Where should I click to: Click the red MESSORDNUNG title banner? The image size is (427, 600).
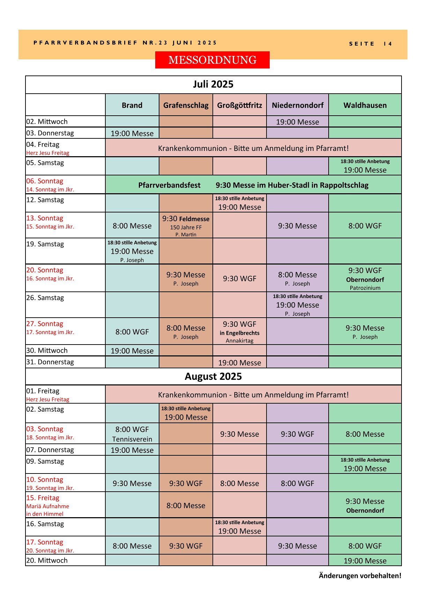tap(212, 60)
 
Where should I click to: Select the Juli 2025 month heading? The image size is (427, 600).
tap(213, 84)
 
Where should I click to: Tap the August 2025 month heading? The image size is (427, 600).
tap(213, 376)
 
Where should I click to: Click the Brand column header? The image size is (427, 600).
tap(132, 105)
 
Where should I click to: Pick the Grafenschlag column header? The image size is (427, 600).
tap(186, 105)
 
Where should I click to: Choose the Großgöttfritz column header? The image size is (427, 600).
tap(239, 105)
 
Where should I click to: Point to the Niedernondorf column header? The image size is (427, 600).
tap(297, 105)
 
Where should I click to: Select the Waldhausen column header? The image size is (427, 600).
tap(365, 105)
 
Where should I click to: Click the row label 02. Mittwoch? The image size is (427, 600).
tap(47, 122)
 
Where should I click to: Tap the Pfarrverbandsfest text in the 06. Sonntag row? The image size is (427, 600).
tap(169, 185)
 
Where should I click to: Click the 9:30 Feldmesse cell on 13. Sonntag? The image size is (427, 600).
tap(186, 219)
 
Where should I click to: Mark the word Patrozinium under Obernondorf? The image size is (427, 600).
tap(365, 288)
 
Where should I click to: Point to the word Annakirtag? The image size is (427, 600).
tap(239, 341)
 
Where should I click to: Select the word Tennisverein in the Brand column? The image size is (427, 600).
tap(132, 439)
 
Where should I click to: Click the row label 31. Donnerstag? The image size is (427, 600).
tap(50, 362)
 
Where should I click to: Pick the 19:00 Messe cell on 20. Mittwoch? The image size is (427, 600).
tap(365, 561)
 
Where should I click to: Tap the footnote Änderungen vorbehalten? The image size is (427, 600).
tap(360, 576)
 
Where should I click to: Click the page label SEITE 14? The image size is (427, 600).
tap(370, 44)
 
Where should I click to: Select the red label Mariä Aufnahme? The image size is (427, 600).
tap(47, 506)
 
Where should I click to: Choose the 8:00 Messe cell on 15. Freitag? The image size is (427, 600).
tap(186, 505)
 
